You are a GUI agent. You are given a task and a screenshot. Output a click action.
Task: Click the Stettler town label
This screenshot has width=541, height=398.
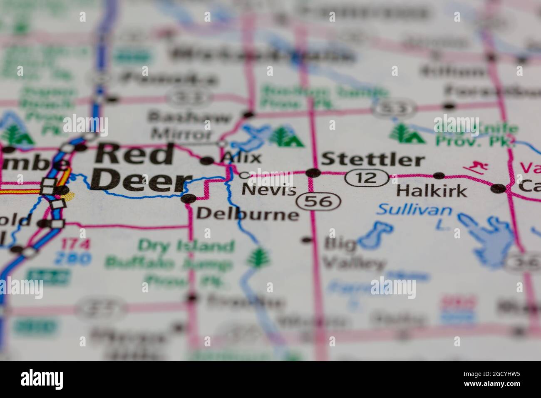[x=373, y=160]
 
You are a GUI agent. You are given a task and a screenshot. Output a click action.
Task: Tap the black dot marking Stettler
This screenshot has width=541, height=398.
[x=313, y=173]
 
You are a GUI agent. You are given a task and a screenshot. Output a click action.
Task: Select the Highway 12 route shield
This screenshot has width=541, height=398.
[x=367, y=178]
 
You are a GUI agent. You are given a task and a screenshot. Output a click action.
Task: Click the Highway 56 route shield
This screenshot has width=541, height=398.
[x=319, y=202]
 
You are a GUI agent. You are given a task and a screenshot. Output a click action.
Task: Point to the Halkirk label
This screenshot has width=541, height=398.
[x=432, y=191]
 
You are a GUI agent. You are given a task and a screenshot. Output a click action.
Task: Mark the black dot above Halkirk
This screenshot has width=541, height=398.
[x=439, y=176]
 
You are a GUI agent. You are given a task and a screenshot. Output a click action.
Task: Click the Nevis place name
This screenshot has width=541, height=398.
[x=269, y=190]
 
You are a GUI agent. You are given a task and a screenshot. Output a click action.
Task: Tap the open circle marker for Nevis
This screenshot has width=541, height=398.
[x=245, y=175]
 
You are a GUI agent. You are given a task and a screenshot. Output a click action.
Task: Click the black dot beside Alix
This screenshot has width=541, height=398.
[x=207, y=161]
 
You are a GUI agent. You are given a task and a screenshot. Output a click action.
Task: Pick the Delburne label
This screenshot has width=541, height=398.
[x=247, y=214]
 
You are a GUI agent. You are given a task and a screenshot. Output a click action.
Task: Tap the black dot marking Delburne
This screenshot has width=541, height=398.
[x=189, y=199]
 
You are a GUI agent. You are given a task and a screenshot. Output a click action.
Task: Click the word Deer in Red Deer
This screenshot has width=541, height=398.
[x=139, y=182]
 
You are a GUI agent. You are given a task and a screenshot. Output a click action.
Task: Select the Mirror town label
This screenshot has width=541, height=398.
[x=181, y=134]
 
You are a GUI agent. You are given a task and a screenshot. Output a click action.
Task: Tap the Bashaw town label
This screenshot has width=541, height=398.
[x=189, y=117]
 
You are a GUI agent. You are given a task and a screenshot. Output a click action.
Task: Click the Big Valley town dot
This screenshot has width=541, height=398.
[x=307, y=240]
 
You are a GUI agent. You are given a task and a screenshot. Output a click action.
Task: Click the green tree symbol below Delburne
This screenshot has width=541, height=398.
[x=258, y=257]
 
